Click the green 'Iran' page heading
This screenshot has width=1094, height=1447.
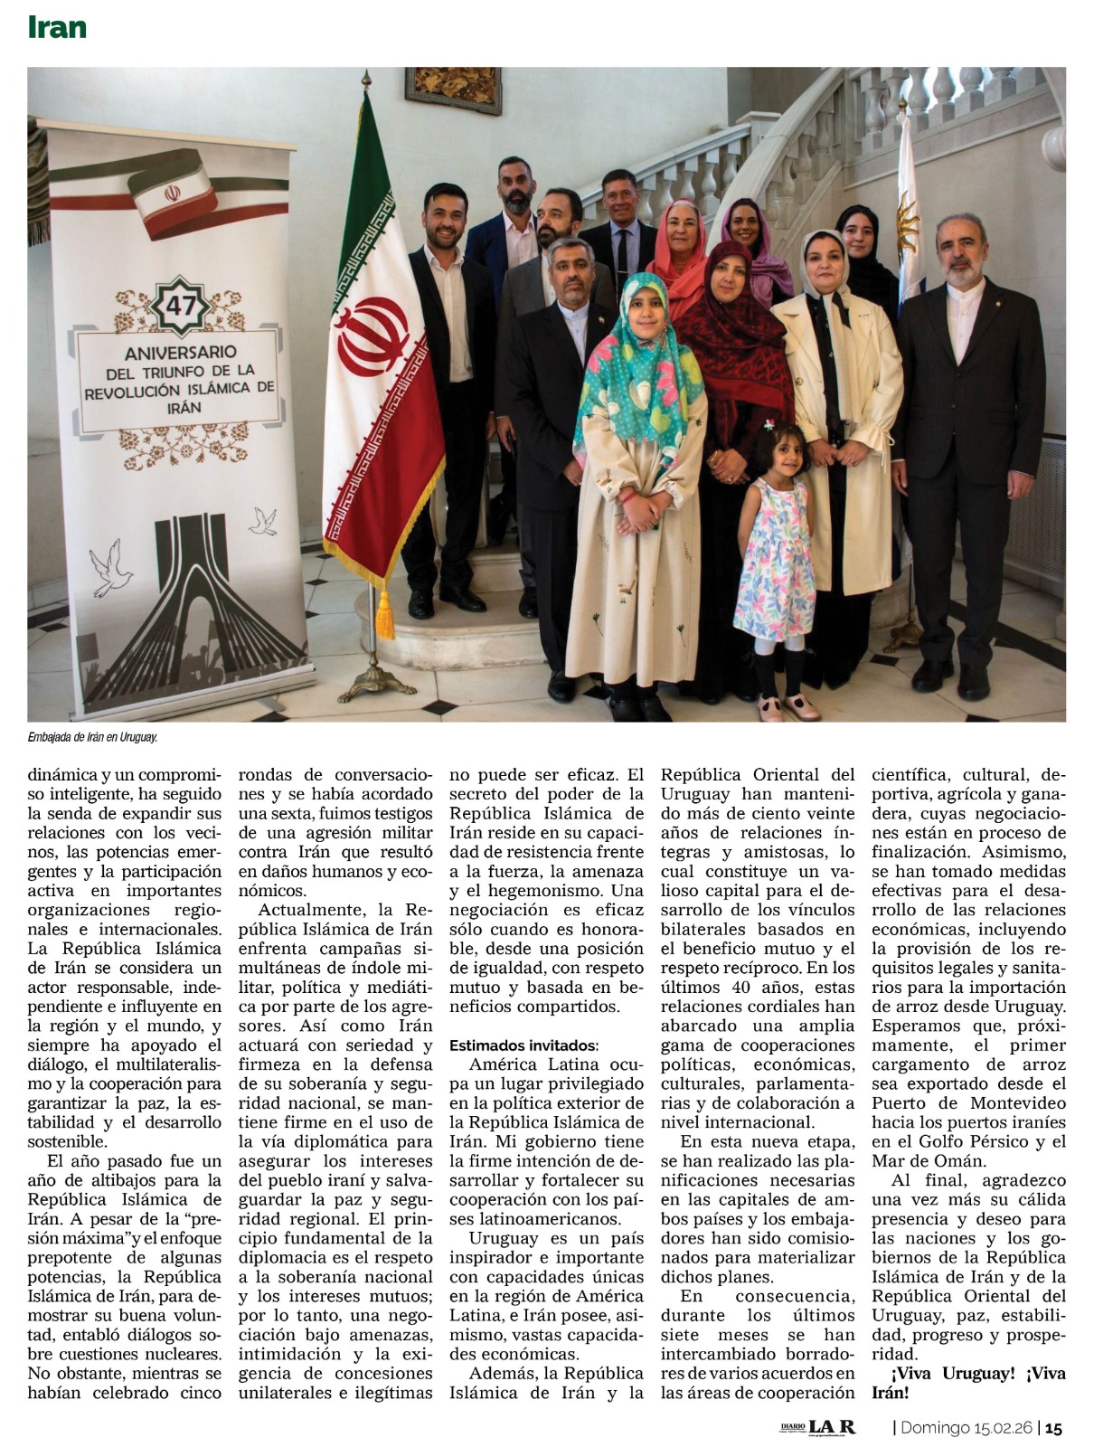tap(57, 27)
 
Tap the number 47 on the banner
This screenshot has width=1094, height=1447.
tap(181, 305)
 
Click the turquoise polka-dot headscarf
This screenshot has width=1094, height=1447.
tap(643, 362)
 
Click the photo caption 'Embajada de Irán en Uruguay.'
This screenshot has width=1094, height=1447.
tap(93, 737)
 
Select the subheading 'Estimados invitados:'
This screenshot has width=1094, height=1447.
tap(523, 1045)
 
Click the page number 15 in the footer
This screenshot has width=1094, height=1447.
tap(1053, 1427)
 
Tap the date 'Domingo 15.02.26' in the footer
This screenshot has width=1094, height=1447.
tap(967, 1427)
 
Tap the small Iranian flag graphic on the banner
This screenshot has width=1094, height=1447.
tap(172, 194)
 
